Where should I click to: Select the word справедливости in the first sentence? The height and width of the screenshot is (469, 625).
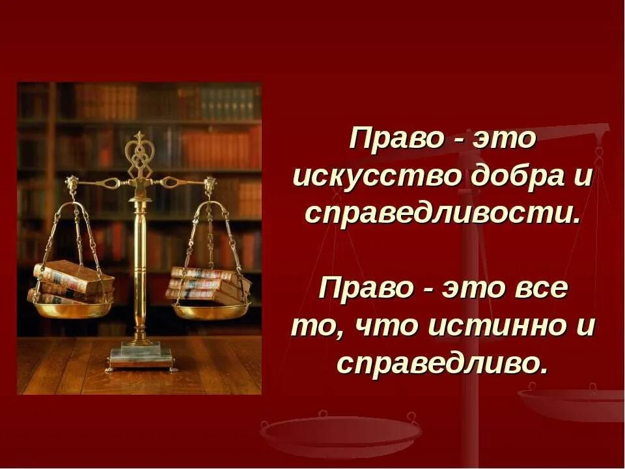(442, 214)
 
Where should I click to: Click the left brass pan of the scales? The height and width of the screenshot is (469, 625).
(73, 308)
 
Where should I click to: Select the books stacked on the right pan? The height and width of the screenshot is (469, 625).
(208, 285)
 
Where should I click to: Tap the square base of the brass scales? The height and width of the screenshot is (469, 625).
(141, 357)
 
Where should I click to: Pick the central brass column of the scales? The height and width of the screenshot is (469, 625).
(139, 267)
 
